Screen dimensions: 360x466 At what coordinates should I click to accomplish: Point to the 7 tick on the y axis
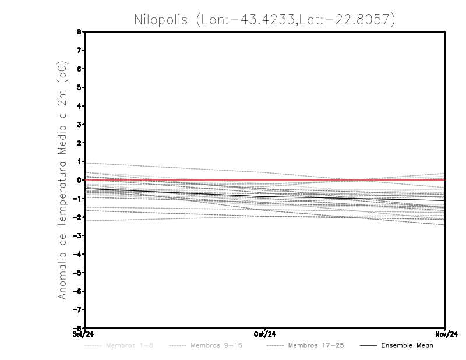[79, 50]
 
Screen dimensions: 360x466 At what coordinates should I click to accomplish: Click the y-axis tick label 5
[79, 87]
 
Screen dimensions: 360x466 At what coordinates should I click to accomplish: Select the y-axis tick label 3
[79, 125]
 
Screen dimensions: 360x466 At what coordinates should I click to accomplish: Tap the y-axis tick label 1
[79, 161]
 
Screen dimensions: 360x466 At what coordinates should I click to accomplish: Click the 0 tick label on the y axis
[79, 180]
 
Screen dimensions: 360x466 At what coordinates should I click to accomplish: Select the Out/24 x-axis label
[265, 334]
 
